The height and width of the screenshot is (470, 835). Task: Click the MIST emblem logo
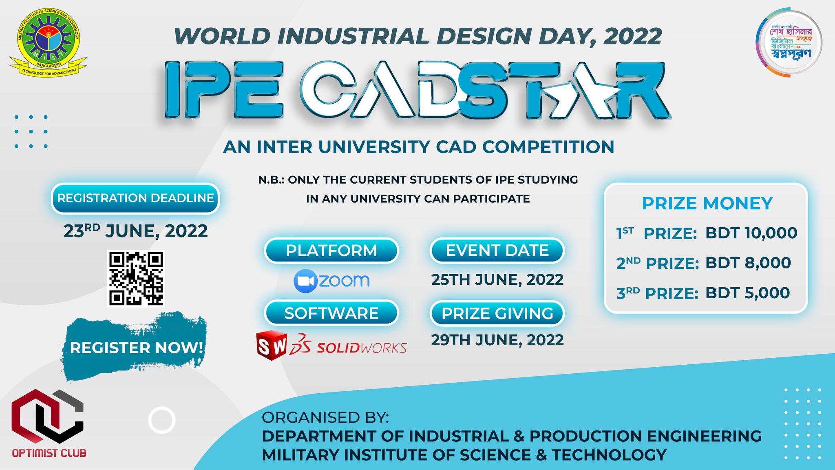[x=48, y=42]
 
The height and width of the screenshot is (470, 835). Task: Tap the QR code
[x=136, y=278]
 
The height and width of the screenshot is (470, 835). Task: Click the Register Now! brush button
[x=136, y=348]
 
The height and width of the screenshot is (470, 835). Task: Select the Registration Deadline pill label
[x=135, y=198]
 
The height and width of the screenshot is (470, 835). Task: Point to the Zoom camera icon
[x=305, y=281]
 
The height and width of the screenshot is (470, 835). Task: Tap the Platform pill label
[x=331, y=251]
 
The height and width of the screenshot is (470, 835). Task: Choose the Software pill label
[x=331, y=313]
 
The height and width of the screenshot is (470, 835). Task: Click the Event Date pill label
[x=497, y=251]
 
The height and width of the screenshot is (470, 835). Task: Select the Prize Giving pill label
[x=497, y=313]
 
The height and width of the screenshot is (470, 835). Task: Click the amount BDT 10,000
[x=751, y=233]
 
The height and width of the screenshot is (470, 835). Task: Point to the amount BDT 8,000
[x=748, y=263]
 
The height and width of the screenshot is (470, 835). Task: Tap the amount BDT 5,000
[x=747, y=293]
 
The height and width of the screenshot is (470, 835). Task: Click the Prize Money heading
[x=707, y=203]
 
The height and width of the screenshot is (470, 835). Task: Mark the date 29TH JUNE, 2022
[x=497, y=340]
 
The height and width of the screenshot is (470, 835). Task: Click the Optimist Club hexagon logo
[x=47, y=416]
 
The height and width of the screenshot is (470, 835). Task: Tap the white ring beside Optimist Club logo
[x=162, y=420]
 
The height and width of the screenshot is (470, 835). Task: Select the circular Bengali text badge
[x=789, y=43]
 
